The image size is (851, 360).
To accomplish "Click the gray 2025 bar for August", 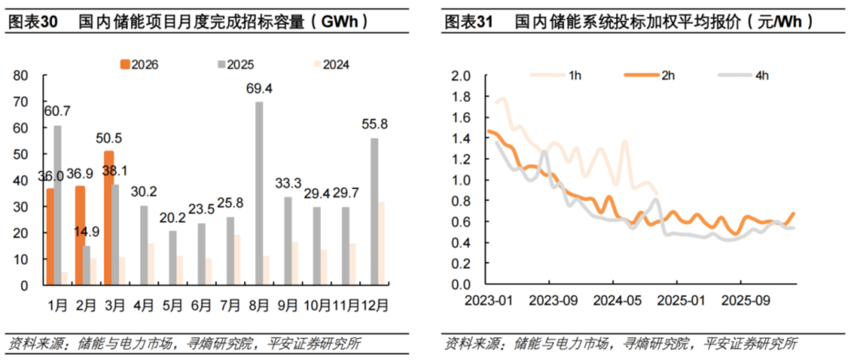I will tap(260, 193).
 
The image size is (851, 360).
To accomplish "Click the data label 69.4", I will tap(260, 89).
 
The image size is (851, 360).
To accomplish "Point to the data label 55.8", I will tap(375, 124).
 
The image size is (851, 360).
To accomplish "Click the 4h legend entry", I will tap(751, 75).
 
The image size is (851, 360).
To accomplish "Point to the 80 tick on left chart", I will tap(23, 76).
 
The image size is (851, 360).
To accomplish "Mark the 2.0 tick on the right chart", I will tap(460, 76).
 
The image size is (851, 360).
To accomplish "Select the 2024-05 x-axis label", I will tap(613, 300).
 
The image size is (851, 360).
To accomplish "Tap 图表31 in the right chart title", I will tap(469, 23).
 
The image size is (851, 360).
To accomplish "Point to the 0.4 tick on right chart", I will tap(460, 243).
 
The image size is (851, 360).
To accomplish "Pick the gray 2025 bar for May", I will tap(173, 258).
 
